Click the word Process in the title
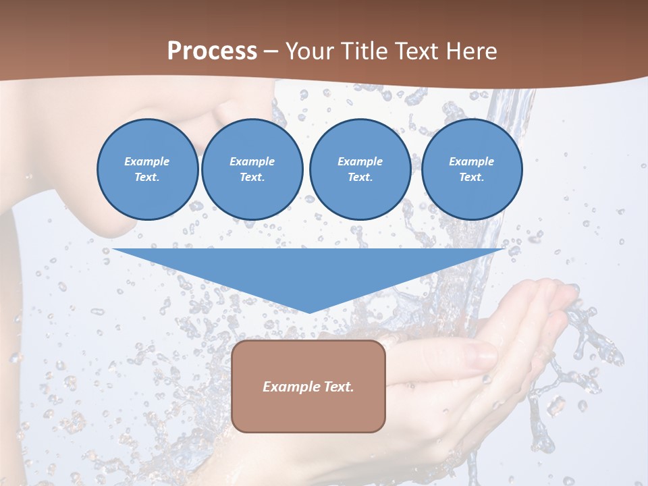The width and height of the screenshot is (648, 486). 212,51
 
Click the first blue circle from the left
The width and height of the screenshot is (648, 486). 147,169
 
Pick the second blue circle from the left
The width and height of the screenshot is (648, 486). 252,169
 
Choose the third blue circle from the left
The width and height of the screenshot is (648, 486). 360,169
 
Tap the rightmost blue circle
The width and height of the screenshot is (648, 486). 472,169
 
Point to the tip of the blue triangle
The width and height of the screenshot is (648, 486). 309,312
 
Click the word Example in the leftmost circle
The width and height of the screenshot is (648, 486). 147,161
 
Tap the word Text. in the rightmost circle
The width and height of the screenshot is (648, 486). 472,178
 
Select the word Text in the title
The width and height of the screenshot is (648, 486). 415,51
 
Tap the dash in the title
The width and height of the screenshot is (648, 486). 271,51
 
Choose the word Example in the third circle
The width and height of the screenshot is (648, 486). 360,161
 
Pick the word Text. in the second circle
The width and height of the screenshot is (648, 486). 252,178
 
